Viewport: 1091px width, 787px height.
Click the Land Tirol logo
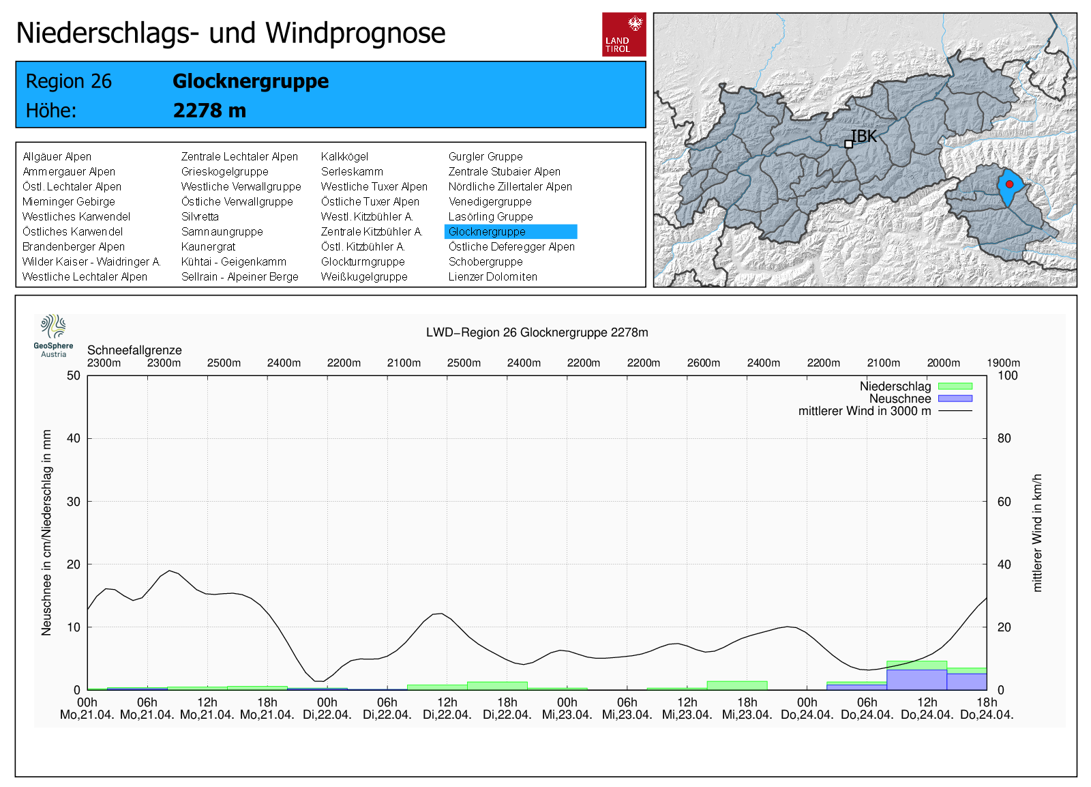624,34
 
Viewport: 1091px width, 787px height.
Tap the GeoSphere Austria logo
53,335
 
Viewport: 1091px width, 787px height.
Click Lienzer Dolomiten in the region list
492,277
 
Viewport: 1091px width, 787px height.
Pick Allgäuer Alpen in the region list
57,157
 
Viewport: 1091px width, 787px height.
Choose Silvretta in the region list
200,217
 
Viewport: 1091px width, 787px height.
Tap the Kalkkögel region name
344,157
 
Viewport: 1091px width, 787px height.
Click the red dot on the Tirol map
1010,184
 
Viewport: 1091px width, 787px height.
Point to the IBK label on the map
863,137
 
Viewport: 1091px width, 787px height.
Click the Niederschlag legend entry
895,386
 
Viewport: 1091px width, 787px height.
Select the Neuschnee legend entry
900,399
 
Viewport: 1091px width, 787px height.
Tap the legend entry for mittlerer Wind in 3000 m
865,411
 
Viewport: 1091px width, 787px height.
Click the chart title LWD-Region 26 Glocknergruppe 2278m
537,332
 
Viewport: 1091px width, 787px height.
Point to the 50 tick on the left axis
74,375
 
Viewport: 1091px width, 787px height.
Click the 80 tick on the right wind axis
1004,438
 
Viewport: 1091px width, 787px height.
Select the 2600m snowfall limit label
703,363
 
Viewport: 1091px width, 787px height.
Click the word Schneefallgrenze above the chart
134,350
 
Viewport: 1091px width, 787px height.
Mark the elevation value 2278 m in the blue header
209,111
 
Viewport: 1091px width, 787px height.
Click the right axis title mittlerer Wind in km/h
1037,532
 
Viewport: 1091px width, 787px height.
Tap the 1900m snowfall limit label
1003,363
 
